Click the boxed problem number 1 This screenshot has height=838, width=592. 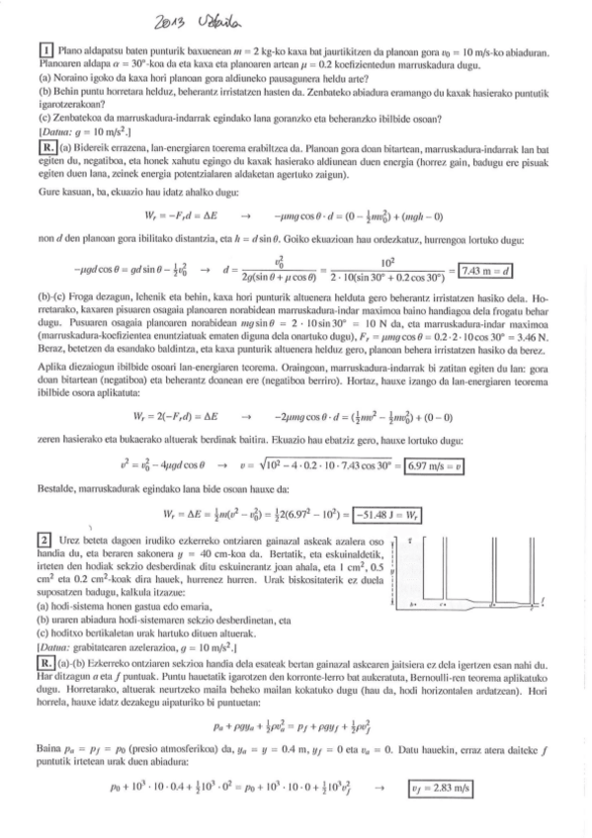coord(45,49)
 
